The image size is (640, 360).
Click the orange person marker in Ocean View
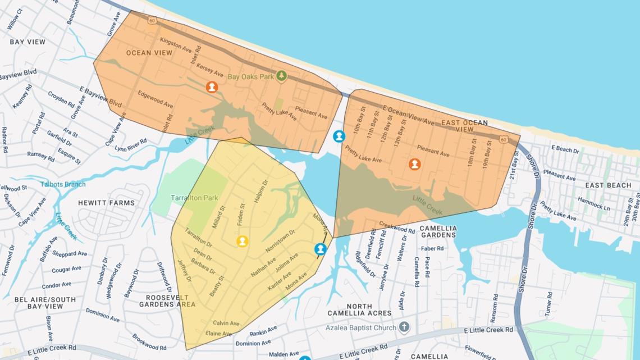(x=212, y=87)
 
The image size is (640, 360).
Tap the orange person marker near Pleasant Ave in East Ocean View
(x=414, y=164)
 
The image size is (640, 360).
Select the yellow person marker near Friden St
(x=242, y=241)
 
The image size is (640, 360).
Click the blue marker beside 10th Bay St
(x=339, y=136)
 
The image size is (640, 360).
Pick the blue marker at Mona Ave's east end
(x=320, y=249)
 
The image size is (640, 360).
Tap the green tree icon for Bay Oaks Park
(x=282, y=76)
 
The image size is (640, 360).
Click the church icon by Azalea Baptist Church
(x=404, y=327)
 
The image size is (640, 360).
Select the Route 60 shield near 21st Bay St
(x=503, y=139)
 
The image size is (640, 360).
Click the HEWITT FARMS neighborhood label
(x=107, y=203)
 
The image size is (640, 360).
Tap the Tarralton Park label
(x=194, y=198)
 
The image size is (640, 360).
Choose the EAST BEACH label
(x=608, y=185)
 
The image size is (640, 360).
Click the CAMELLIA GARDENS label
(x=438, y=231)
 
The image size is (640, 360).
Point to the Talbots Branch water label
(x=63, y=184)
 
